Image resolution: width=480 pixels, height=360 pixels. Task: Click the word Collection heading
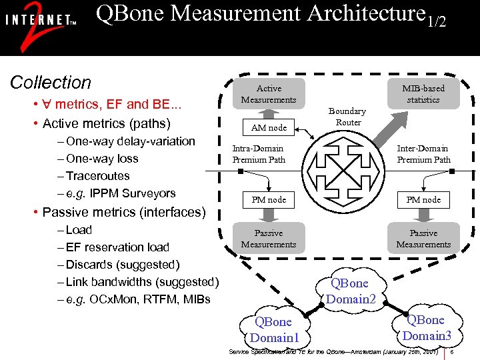click(x=51, y=83)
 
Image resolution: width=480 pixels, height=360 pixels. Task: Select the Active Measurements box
click(x=269, y=94)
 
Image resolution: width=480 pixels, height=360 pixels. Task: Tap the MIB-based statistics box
click(x=423, y=94)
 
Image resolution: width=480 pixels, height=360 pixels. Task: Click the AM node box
click(x=269, y=127)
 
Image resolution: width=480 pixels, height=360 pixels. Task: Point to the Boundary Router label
click(x=347, y=117)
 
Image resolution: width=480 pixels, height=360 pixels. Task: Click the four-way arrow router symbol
click(x=347, y=171)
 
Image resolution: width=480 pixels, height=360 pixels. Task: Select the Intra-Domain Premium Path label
click(x=258, y=154)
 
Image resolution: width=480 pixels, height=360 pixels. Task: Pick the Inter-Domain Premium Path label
click(x=423, y=154)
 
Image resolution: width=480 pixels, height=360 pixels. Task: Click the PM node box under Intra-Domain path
click(x=269, y=199)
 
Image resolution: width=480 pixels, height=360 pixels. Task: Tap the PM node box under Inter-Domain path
click(x=423, y=199)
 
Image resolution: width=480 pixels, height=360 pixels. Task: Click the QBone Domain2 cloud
click(x=351, y=291)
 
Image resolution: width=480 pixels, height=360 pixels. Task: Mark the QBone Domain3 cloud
click(x=427, y=327)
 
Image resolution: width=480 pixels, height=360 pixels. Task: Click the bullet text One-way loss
click(x=102, y=159)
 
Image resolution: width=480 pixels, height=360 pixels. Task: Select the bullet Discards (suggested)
click(x=123, y=265)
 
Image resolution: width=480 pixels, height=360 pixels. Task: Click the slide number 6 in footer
click(x=452, y=351)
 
